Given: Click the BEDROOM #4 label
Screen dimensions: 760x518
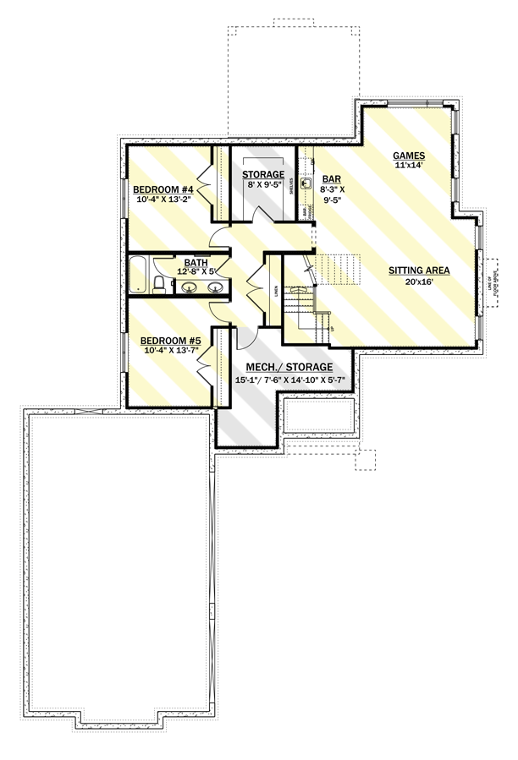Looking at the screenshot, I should point(164,189).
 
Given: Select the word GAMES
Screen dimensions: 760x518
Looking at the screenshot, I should point(408,156).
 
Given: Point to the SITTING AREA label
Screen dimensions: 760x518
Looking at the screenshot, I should point(418,271).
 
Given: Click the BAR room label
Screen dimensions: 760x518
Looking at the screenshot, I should point(331,179).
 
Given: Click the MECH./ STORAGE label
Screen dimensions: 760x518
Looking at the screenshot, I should point(284,369).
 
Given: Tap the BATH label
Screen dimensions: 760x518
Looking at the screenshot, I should point(196,262).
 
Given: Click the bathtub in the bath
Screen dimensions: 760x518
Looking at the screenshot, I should point(138,274).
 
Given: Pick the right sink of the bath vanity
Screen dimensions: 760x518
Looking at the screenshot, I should point(215,287).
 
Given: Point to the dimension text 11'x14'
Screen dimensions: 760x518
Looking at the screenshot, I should point(408,166).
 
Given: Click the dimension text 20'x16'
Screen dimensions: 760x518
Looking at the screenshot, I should point(418,282).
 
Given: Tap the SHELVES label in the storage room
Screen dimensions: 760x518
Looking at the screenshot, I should point(292,184).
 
